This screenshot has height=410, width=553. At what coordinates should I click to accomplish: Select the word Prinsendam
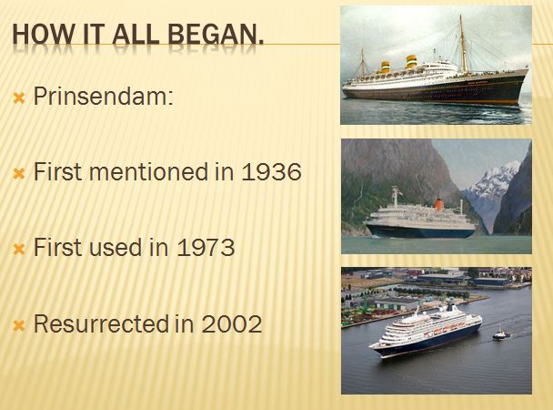click(x=100, y=96)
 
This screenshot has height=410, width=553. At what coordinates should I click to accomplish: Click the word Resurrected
click(x=100, y=323)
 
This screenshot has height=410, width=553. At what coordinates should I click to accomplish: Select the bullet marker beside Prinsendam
click(x=19, y=98)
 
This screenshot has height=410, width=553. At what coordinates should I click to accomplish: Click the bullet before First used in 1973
click(x=19, y=250)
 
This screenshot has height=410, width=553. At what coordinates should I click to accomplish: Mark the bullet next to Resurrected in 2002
click(x=19, y=326)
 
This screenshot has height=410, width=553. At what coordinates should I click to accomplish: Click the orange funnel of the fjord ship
click(x=438, y=205)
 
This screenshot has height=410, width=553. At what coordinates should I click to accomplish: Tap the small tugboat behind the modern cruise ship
click(x=501, y=334)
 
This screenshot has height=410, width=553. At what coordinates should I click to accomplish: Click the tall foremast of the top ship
click(x=463, y=44)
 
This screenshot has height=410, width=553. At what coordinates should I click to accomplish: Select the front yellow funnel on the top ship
click(x=411, y=61)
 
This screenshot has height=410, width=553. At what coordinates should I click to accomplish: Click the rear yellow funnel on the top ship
click(x=385, y=67)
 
